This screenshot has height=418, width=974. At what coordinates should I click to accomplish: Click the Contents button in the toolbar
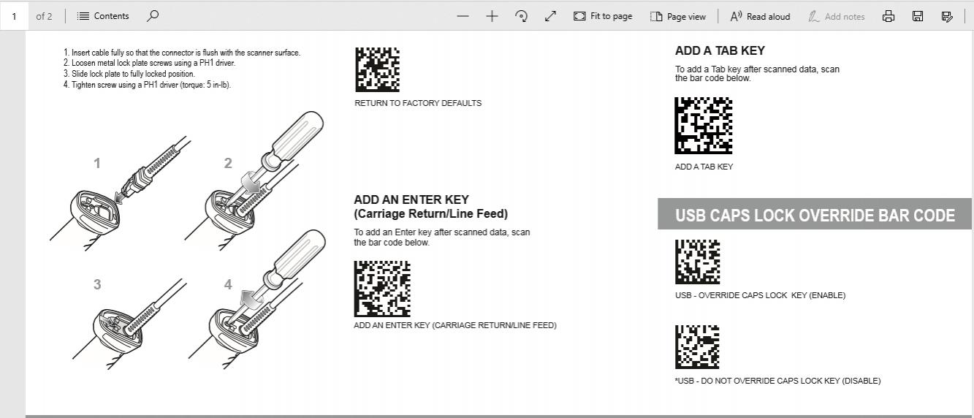coord(103,16)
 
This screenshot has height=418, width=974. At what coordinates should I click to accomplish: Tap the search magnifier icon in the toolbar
coord(153,16)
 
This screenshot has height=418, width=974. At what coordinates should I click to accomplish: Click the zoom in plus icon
coord(492,17)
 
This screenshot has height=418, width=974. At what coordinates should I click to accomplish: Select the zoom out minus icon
coord(463,17)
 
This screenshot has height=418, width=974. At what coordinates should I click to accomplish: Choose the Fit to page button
coord(603,16)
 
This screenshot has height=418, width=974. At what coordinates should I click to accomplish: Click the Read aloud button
coord(760,17)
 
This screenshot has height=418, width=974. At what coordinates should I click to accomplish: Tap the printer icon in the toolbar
coord(889,17)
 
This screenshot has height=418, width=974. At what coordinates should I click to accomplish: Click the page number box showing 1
coord(15,16)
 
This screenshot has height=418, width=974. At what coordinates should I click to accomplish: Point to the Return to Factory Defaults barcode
coord(378,69)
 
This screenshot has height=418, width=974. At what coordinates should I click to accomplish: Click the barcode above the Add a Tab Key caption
coord(703,125)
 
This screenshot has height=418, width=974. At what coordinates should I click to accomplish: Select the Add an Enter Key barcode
coord(382,289)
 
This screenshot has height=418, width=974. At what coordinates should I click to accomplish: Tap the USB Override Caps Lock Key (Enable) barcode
coord(698,262)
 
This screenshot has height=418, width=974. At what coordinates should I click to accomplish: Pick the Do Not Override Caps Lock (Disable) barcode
coord(697,347)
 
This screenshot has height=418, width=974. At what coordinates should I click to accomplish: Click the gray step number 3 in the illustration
coord(97,284)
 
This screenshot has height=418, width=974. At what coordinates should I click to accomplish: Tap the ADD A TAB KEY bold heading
coord(720,51)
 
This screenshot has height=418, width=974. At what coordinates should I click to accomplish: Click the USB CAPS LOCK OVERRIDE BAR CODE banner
coord(815,214)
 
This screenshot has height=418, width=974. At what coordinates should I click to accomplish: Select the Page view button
coord(678,17)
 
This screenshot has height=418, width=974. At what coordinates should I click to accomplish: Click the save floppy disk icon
coord(918,17)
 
